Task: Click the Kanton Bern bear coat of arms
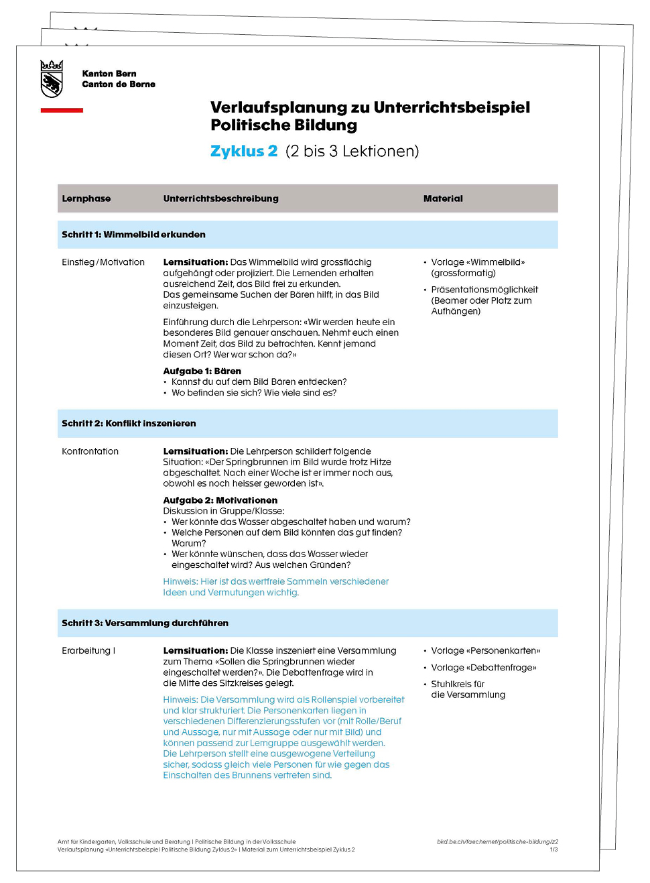pyautogui.click(x=52, y=78)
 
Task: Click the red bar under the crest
pyautogui.click(x=62, y=110)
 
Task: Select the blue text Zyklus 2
pyautogui.click(x=244, y=152)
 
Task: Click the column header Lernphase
pyautogui.click(x=86, y=198)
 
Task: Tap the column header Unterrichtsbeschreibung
pyautogui.click(x=220, y=198)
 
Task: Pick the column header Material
pyautogui.click(x=443, y=198)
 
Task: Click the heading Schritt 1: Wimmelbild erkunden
pyautogui.click(x=133, y=235)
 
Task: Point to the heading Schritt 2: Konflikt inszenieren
pyautogui.click(x=129, y=424)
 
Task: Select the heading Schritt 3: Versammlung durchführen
pyautogui.click(x=145, y=623)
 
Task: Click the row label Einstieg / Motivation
pyautogui.click(x=103, y=262)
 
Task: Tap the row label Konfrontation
pyautogui.click(x=90, y=451)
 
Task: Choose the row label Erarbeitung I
pyautogui.click(x=88, y=650)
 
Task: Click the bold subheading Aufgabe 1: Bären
pyautogui.click(x=202, y=371)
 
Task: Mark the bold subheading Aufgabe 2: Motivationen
pyautogui.click(x=220, y=500)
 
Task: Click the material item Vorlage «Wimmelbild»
pyautogui.click(x=478, y=262)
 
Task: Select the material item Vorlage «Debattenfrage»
pyautogui.click(x=483, y=667)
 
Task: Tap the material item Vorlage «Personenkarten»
pyautogui.click(x=485, y=650)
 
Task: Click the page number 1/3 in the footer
pyautogui.click(x=554, y=849)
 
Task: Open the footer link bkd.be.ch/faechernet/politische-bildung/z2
pyautogui.click(x=497, y=841)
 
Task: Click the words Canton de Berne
pyautogui.click(x=119, y=84)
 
